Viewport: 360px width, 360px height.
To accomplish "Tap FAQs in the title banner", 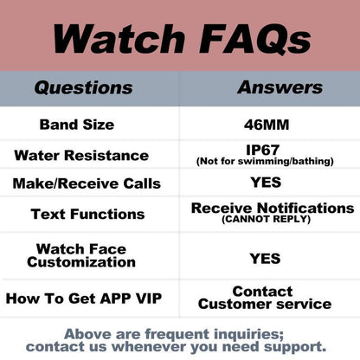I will click(x=257, y=38).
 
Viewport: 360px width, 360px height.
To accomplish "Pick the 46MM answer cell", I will click(x=267, y=125).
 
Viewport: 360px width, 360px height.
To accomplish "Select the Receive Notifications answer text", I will click(x=272, y=209).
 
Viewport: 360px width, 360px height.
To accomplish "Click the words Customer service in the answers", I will click(x=265, y=305).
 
